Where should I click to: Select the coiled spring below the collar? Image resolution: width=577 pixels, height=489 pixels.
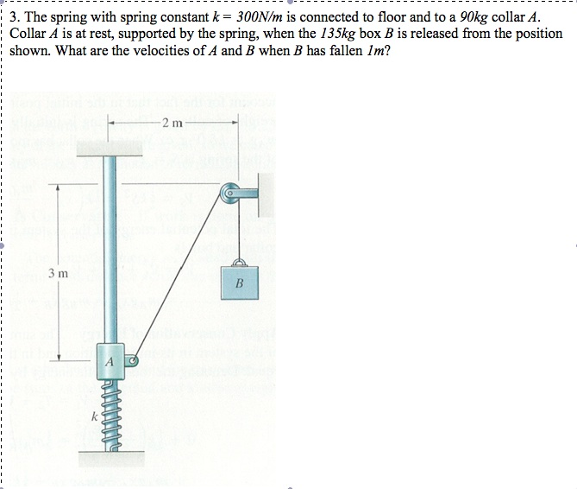click(x=110, y=410)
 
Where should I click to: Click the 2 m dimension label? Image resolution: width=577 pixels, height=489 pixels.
click(x=172, y=123)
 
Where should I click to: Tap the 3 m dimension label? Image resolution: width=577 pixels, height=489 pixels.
click(x=58, y=273)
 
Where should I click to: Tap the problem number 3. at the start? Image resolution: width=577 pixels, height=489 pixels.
click(x=17, y=17)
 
